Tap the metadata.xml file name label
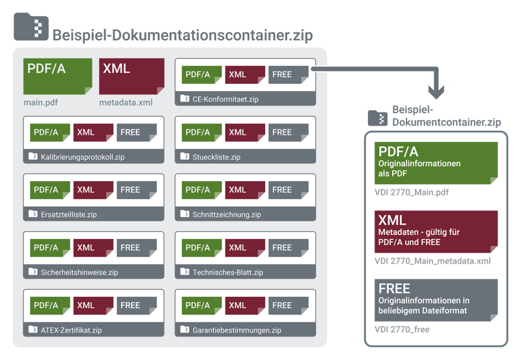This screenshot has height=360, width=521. pos(126,102)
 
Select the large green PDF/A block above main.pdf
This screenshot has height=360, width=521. pos(58,76)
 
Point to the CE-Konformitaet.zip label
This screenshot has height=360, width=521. pos(226,100)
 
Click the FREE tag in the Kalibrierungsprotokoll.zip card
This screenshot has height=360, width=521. pos(136,133)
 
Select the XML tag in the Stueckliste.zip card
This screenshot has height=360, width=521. pos(244,133)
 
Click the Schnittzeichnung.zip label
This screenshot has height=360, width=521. pos(227,215)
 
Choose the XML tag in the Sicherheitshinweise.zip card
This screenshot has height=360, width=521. pos(92,248)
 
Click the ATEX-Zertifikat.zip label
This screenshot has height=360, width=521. pos(71,330)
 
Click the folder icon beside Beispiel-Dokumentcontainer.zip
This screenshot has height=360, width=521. pos(377,117)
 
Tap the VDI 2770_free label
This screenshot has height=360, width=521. pos(402,330)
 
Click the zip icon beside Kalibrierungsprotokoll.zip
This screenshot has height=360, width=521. pos(33,157)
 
